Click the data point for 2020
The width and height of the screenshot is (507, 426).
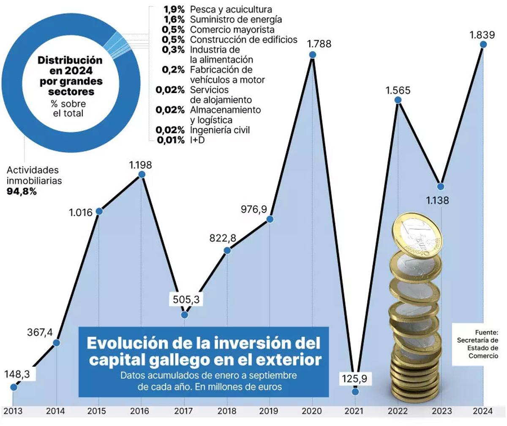pyautogui.click(x=313, y=55)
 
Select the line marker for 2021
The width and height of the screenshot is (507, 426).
pyautogui.click(x=355, y=392)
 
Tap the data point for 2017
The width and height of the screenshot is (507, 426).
pyautogui.click(x=184, y=315)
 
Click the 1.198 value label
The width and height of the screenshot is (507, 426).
pyautogui.click(x=141, y=165)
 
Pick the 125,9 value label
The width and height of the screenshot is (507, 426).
pyautogui.click(x=355, y=379)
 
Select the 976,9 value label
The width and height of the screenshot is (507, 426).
pyautogui.click(x=256, y=209)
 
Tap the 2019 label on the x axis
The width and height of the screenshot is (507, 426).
pyautogui.click(x=270, y=411)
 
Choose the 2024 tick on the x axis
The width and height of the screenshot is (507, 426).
pyautogui.click(x=483, y=411)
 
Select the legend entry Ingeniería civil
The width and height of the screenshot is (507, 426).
pyautogui.click(x=220, y=130)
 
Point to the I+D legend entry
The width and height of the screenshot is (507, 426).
pyautogui.click(x=197, y=140)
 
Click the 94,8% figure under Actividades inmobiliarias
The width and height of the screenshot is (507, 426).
pyautogui.click(x=22, y=191)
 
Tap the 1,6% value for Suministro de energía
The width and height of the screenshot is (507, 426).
pyautogui.click(x=174, y=19)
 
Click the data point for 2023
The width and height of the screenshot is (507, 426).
pyautogui.click(x=441, y=187)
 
